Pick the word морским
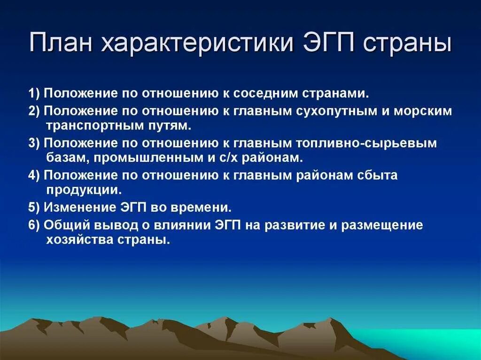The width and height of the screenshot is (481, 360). coord(424,111)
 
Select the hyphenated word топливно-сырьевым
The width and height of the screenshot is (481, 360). coord(366,143)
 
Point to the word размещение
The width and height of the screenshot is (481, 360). coord(382,225)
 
